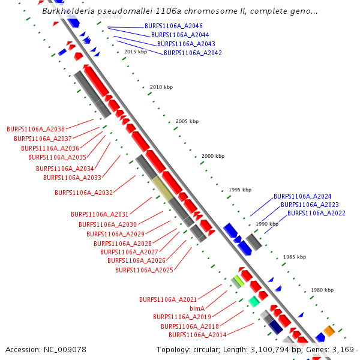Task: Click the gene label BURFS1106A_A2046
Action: coord(173,26)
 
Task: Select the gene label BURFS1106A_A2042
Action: coord(193,53)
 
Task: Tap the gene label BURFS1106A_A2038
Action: coord(35,129)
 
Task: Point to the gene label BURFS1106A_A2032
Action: coord(83,193)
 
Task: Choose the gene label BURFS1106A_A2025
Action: coord(144,270)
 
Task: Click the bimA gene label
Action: coord(197,308)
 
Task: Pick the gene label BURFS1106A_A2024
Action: coord(302,196)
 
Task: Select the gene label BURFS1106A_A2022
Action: coord(316,213)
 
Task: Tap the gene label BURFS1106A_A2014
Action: coord(197,335)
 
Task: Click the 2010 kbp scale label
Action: coord(161,88)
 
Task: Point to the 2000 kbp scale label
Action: coord(213,156)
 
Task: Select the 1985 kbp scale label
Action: coord(295,257)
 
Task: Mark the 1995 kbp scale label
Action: coord(239,190)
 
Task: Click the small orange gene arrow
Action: coord(329,331)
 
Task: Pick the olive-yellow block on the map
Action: coord(163,188)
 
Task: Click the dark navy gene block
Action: coord(275,326)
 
